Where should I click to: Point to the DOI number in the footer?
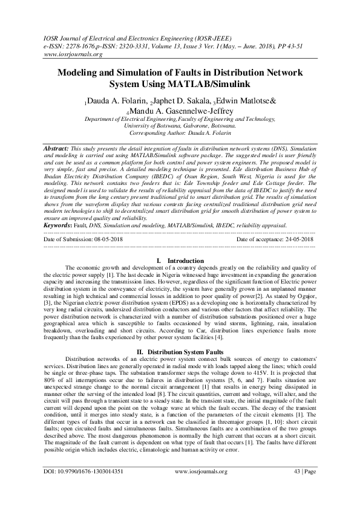coord(84,487)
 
